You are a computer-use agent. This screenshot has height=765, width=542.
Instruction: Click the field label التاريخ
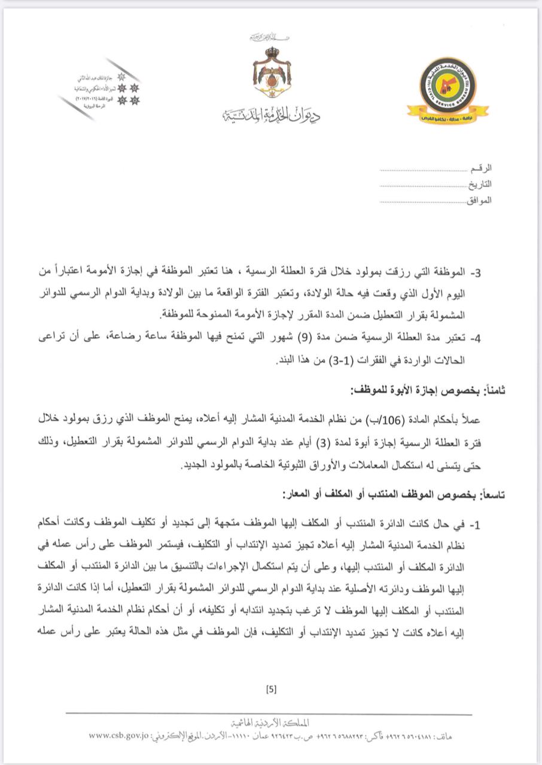(480, 185)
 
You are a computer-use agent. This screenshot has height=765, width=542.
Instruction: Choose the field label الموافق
(479, 200)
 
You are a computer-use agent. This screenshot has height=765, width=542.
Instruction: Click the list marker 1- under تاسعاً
(476, 525)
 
